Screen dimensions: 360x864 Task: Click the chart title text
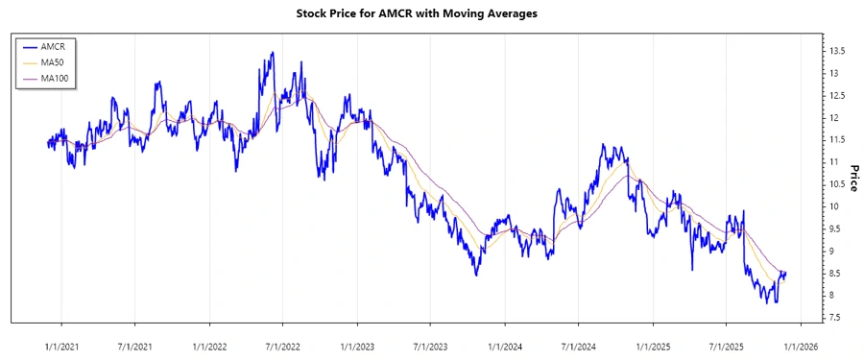click(x=431, y=14)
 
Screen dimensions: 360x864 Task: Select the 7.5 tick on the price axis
click(x=837, y=318)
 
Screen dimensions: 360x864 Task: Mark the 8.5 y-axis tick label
click(x=837, y=274)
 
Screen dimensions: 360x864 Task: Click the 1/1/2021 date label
click(x=61, y=342)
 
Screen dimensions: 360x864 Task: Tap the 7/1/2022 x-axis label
click(x=283, y=342)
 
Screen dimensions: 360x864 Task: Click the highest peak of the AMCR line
click(x=274, y=53)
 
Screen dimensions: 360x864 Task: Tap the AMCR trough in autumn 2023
click(x=475, y=276)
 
